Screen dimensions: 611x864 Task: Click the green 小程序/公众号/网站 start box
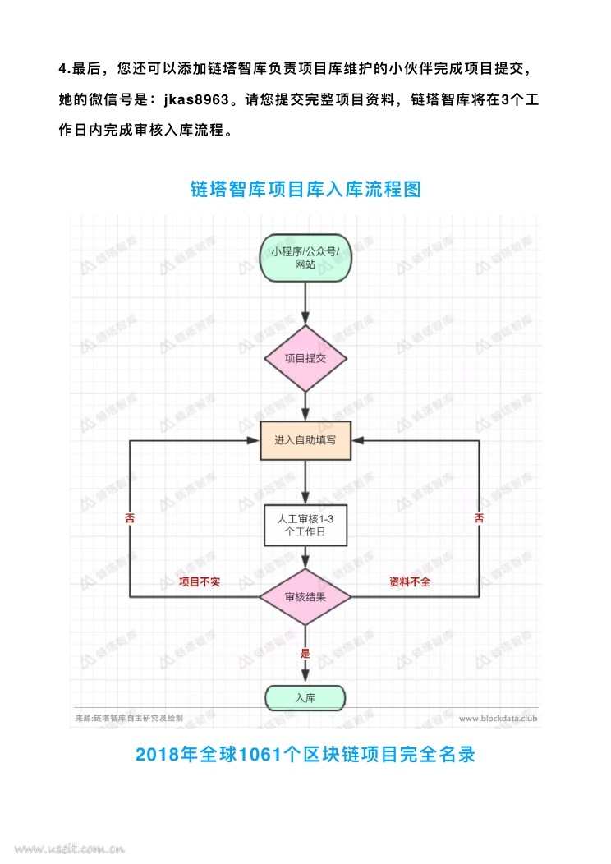305,259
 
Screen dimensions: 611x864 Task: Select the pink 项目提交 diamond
305,358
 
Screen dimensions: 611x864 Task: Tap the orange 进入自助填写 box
305,440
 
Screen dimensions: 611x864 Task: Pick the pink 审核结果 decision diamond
305,596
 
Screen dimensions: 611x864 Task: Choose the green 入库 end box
305,699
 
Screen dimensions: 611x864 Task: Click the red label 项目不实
200,581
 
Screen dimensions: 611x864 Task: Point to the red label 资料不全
409,581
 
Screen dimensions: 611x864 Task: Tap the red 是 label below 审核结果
305,654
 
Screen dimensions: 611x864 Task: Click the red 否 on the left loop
130,518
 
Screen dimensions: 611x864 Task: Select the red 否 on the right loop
479,518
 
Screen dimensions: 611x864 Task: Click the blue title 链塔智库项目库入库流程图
305,190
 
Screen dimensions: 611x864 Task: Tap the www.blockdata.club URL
497,718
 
